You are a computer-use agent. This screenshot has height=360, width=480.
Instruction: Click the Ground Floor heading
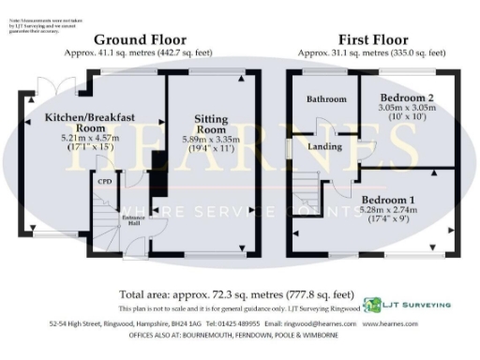[144, 39]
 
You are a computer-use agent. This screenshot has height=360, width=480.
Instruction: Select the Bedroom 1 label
[387, 199]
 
